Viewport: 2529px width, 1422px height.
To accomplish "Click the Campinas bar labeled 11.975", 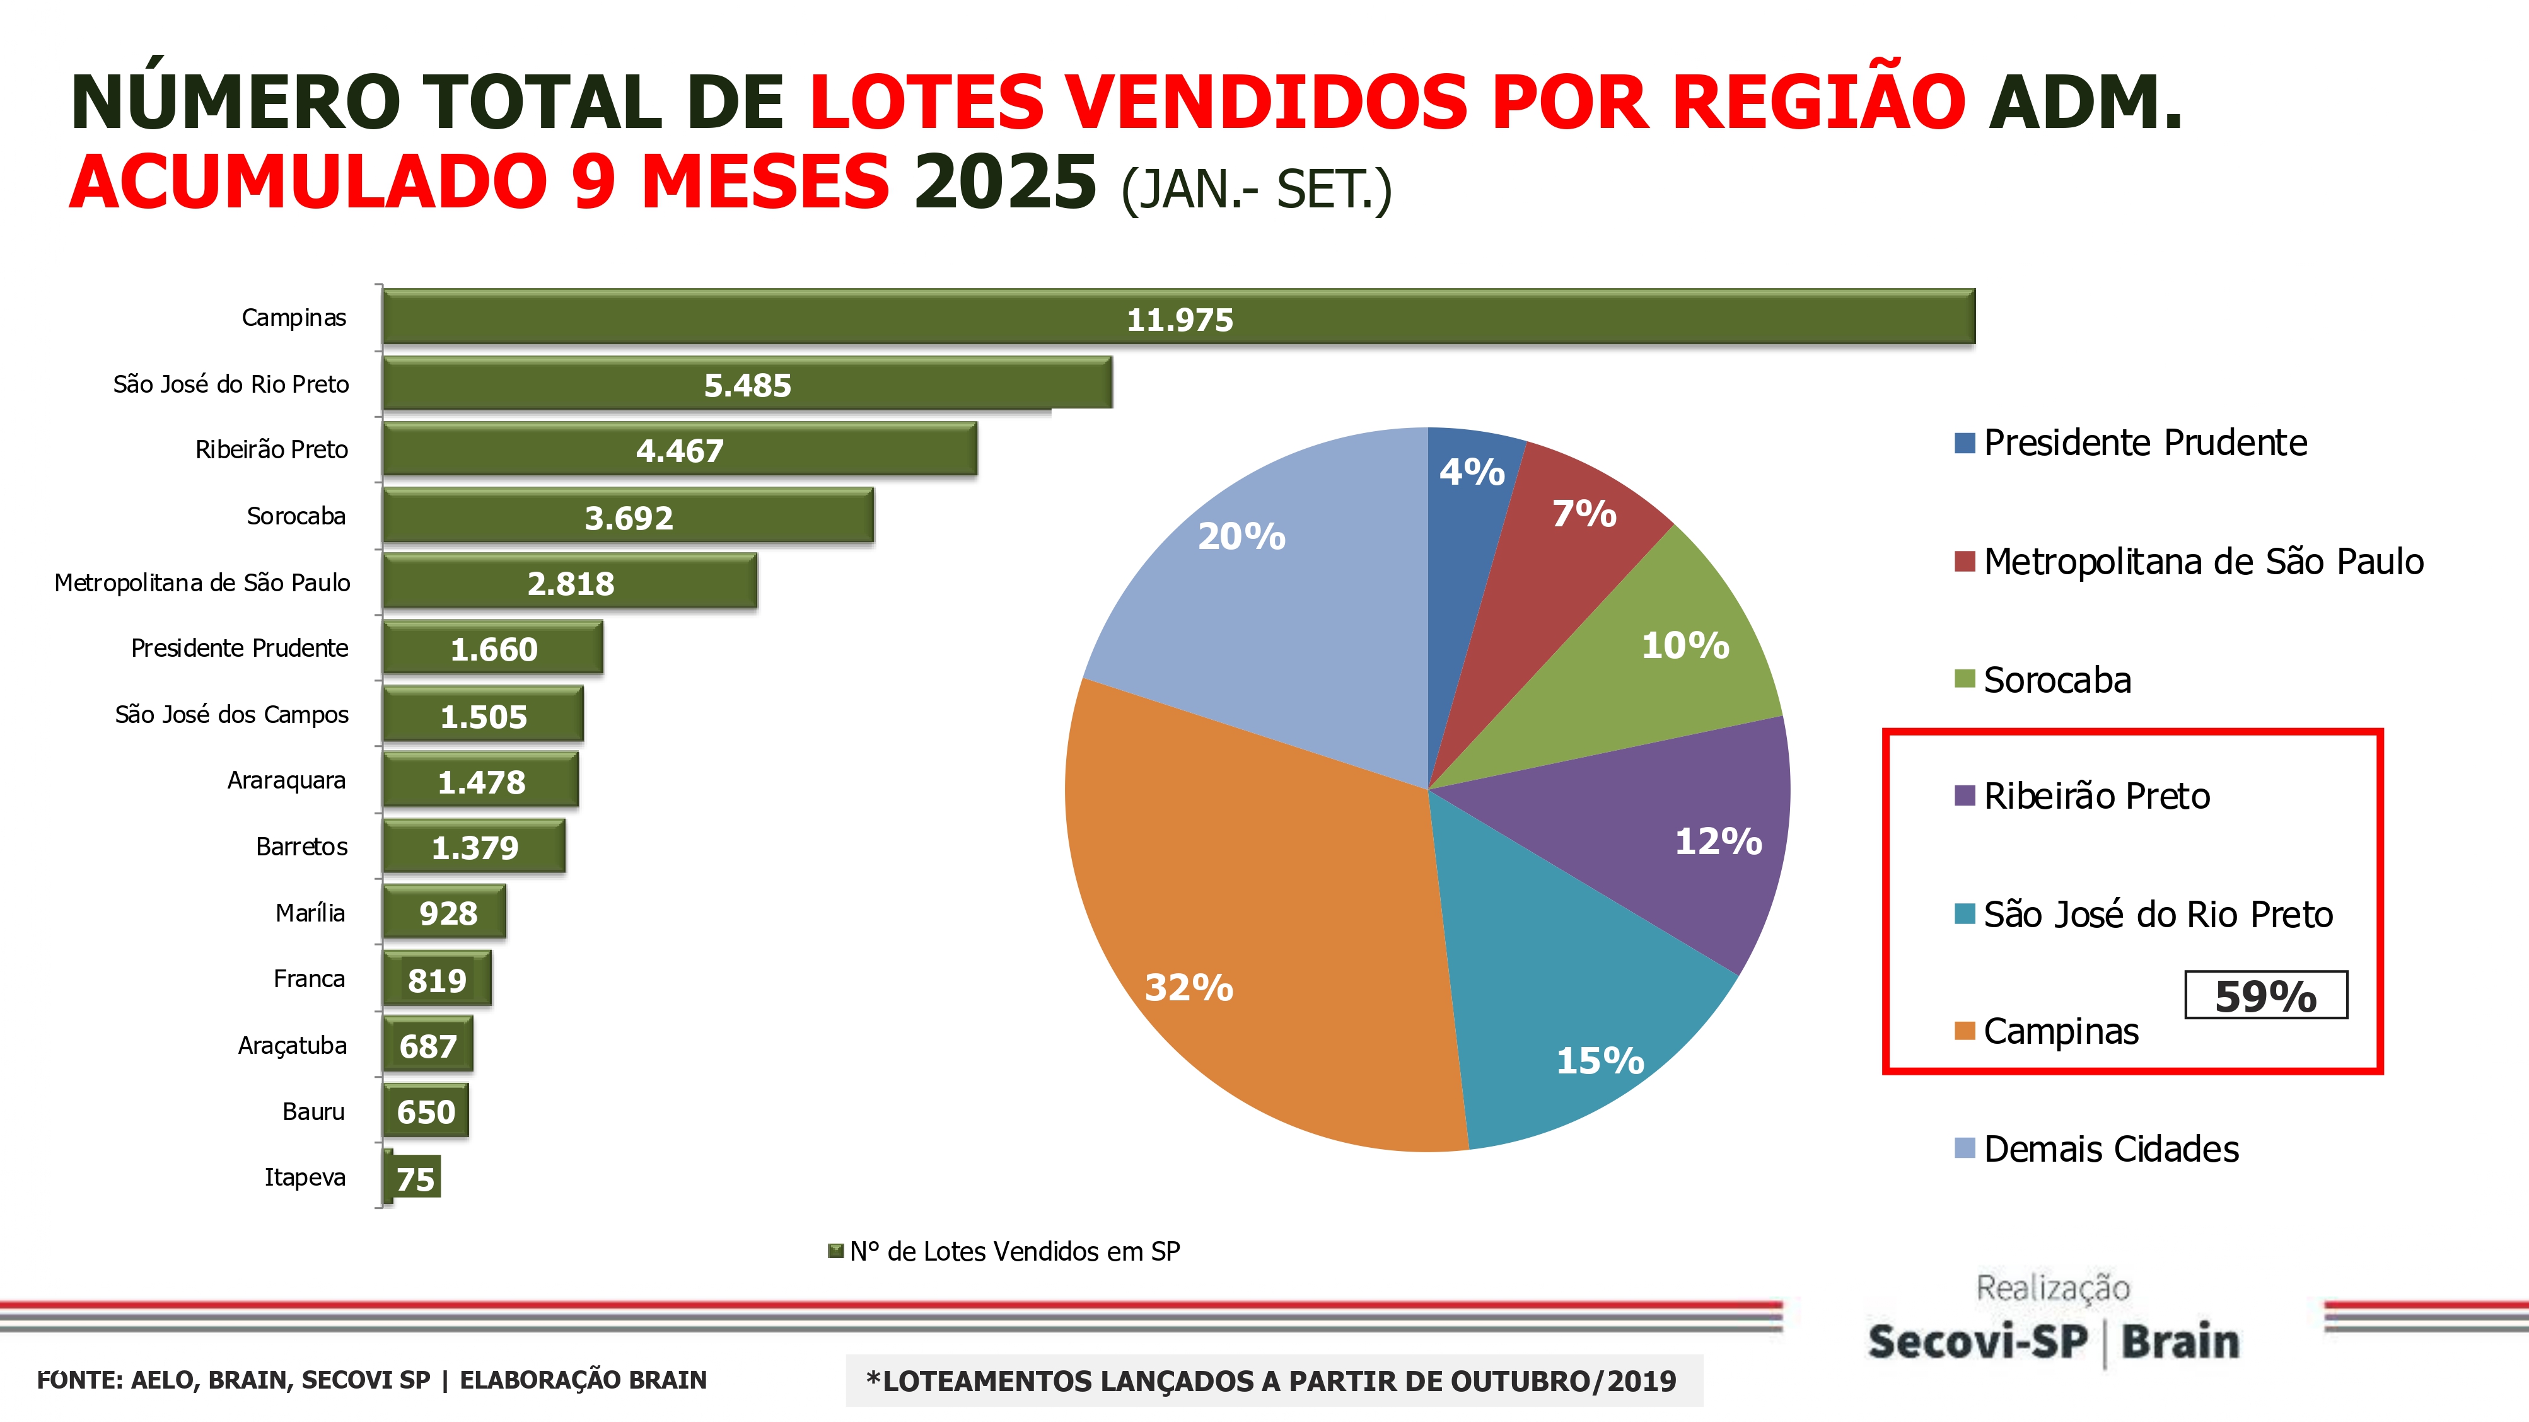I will [1178, 317].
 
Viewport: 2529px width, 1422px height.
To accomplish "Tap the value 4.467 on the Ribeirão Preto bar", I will [679, 451].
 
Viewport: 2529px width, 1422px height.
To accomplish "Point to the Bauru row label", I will [313, 1112].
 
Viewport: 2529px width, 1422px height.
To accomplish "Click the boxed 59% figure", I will [2265, 996].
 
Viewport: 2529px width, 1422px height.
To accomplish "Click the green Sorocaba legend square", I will [1963, 679].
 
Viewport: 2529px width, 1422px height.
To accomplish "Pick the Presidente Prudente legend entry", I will [2144, 442].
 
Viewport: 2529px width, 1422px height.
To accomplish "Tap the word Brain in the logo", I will [2180, 1341].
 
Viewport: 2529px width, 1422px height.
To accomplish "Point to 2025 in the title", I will [1003, 183].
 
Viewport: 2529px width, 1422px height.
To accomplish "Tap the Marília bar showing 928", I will [446, 913].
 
